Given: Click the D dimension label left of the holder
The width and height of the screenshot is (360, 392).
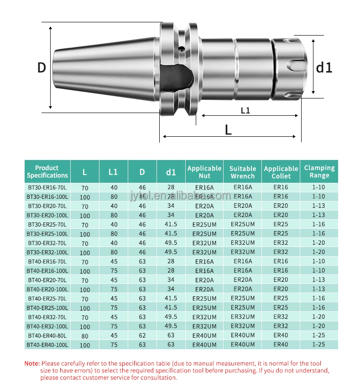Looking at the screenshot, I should pyautogui.click(x=42, y=67).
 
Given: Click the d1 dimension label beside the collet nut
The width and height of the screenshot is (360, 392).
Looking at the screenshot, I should pyautogui.click(x=324, y=67).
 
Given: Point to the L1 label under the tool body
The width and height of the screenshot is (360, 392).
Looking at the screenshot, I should pyautogui.click(x=245, y=110).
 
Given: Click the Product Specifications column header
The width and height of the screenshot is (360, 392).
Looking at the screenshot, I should pyautogui.click(x=47, y=171).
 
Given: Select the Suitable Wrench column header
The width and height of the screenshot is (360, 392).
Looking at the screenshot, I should pyautogui.click(x=242, y=172).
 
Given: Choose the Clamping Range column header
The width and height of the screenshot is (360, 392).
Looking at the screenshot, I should pyautogui.click(x=319, y=171).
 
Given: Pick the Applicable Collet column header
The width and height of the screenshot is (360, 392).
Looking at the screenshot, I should pyautogui.click(x=281, y=172).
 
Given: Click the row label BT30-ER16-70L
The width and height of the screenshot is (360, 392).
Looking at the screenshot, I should pyautogui.click(x=47, y=187).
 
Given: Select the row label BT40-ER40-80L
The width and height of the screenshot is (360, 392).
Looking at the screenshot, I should pyautogui.click(x=47, y=335).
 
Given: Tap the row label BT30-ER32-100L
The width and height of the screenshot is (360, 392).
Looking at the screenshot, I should pyautogui.click(x=47, y=252).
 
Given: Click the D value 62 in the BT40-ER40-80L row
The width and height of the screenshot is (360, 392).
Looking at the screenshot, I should pyautogui.click(x=142, y=335).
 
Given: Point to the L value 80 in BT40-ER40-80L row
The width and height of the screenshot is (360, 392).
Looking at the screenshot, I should pyautogui.click(x=84, y=336).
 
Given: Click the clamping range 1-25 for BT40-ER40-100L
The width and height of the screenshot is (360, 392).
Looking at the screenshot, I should pyautogui.click(x=318, y=345).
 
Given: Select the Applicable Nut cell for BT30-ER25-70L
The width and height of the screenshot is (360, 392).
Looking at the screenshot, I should pyautogui.click(x=204, y=225).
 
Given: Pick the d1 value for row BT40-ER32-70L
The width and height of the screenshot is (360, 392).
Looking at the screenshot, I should pyautogui.click(x=171, y=317).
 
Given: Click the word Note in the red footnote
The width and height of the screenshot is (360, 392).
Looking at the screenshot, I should pyautogui.click(x=31, y=363).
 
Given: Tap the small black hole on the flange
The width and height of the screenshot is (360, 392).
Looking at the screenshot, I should pyautogui.click(x=181, y=48).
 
